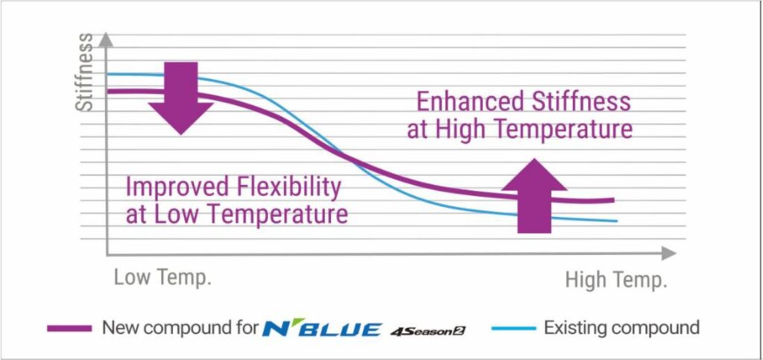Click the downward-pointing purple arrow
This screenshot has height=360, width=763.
click(x=181, y=98)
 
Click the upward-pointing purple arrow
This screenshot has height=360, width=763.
click(x=534, y=196)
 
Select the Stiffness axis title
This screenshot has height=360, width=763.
click(x=86, y=72)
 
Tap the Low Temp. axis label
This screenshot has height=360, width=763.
click(x=162, y=278)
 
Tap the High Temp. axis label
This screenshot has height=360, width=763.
click(x=615, y=280)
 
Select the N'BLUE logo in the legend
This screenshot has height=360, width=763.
click(x=322, y=329)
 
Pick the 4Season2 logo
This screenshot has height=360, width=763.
click(x=428, y=331)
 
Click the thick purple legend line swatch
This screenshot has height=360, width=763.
click(x=69, y=329)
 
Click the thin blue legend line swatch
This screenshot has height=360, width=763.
click(x=514, y=329)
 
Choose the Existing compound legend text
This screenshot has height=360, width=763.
click(x=621, y=328)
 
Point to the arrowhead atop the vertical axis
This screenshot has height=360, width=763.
click(x=106, y=40)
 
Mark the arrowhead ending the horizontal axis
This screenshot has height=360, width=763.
click(x=669, y=253)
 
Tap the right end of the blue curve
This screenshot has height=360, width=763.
click(x=617, y=221)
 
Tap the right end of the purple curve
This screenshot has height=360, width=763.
click(x=614, y=200)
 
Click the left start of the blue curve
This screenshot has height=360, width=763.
click(x=107, y=75)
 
